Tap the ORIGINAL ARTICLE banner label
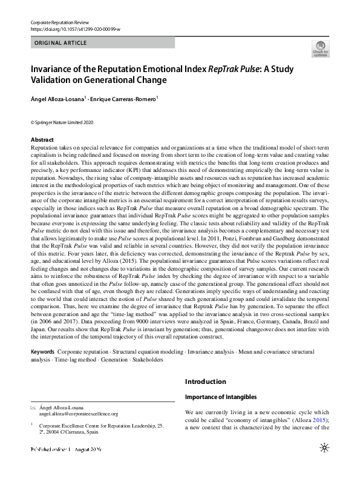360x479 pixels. pyautogui.click(x=61, y=43)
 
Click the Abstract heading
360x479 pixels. pyautogui.click(x=42, y=140)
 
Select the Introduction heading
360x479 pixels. pyautogui.click(x=205, y=382)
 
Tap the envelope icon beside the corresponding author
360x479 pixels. pyautogui.click(x=33, y=408)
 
